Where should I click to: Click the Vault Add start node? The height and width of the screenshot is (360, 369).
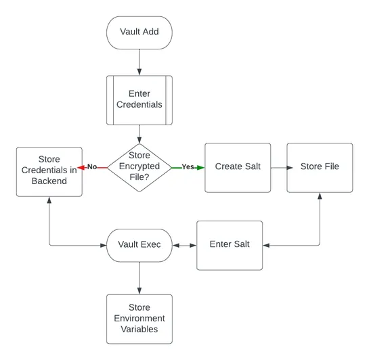point(139,32)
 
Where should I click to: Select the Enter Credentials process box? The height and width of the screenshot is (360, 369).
point(139,99)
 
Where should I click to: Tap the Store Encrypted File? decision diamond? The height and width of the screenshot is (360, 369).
point(139,166)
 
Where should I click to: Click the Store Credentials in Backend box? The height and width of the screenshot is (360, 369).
point(49,171)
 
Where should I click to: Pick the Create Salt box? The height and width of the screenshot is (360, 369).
point(238,166)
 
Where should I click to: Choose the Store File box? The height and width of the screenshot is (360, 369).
point(320,166)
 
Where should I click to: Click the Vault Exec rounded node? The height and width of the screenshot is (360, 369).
point(139,244)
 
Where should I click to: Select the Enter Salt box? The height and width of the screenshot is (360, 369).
point(230,244)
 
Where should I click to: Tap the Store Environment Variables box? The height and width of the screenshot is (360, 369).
point(139,318)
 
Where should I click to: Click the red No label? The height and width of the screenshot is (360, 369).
point(93,166)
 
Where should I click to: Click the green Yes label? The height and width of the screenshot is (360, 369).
point(188,166)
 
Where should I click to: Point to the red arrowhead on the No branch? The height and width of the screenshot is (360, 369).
point(81,166)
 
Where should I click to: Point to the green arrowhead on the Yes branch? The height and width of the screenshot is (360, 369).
point(201,166)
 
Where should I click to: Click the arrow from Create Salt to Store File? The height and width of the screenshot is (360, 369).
point(278,166)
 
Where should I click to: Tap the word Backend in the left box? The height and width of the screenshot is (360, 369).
point(49,181)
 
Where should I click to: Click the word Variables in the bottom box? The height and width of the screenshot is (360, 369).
point(139,329)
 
